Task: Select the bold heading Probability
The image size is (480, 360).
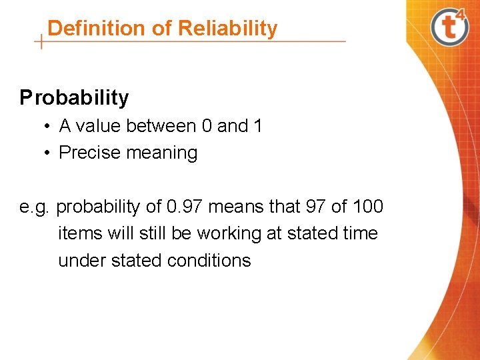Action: coord(74,98)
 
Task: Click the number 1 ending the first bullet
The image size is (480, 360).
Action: coord(257,126)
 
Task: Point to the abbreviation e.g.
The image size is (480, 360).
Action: coord(35,207)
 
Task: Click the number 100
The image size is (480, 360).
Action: coord(368,207)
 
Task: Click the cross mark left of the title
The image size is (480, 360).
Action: coord(41,41)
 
